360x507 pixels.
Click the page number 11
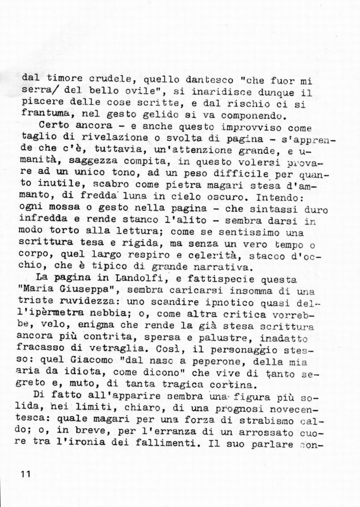[x=25, y=475]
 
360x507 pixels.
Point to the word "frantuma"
[x=43, y=113]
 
